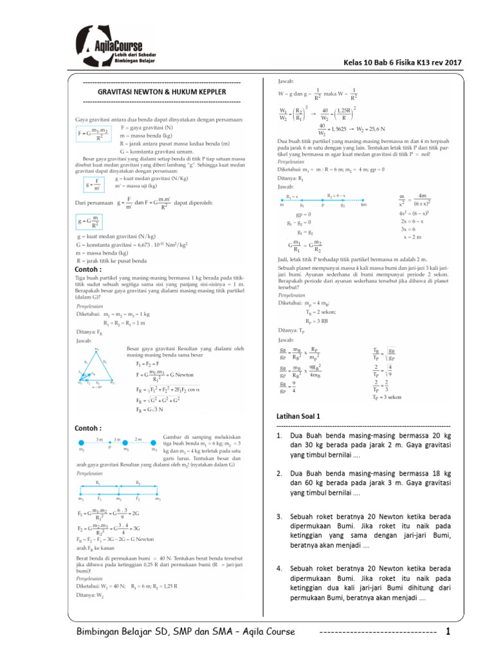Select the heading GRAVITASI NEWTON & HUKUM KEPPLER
161,93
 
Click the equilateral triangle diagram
97,369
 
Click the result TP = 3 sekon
387,396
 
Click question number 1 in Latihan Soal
363,445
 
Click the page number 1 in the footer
448,632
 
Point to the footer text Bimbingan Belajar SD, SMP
185,632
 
